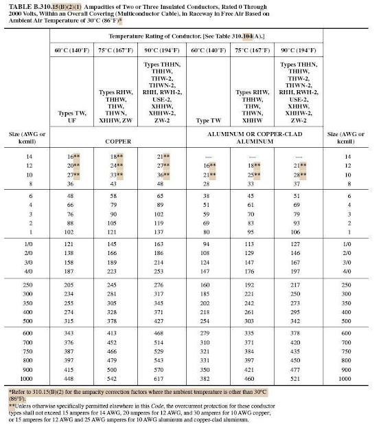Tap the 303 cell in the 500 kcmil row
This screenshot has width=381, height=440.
tap(251, 320)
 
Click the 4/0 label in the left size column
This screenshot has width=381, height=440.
tap(24, 272)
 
